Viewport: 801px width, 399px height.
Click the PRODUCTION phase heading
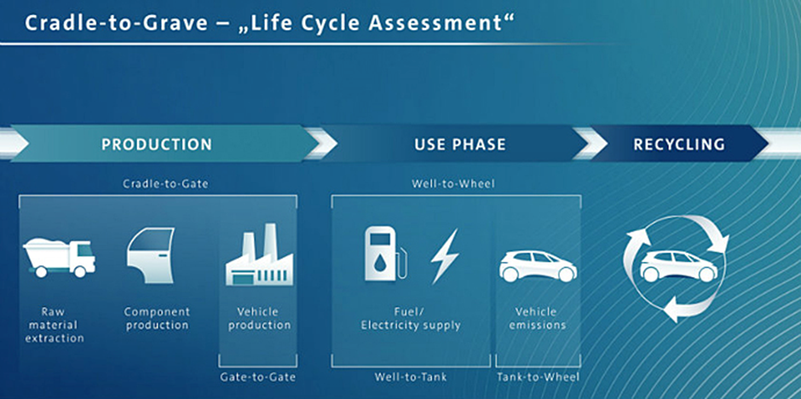157,144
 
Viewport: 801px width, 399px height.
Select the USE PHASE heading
460,144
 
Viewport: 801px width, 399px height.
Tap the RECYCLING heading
679,144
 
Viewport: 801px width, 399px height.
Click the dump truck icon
59,257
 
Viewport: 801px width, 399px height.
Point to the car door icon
151,255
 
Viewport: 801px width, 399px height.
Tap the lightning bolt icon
444,255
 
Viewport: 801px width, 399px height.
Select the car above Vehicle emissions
538,265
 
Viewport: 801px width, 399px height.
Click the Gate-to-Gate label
258,377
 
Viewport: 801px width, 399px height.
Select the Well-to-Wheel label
453,183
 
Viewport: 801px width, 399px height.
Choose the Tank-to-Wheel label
539,377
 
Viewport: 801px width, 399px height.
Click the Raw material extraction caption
55,325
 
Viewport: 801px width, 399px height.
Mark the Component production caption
157,318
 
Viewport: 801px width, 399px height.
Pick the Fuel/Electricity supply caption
411,318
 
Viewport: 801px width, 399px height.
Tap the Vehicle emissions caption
538,318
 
